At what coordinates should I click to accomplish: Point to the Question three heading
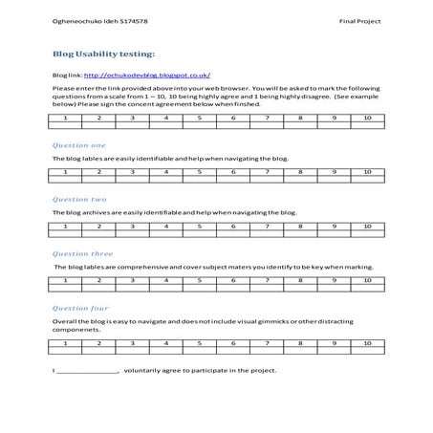pyautogui.click(x=79, y=253)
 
